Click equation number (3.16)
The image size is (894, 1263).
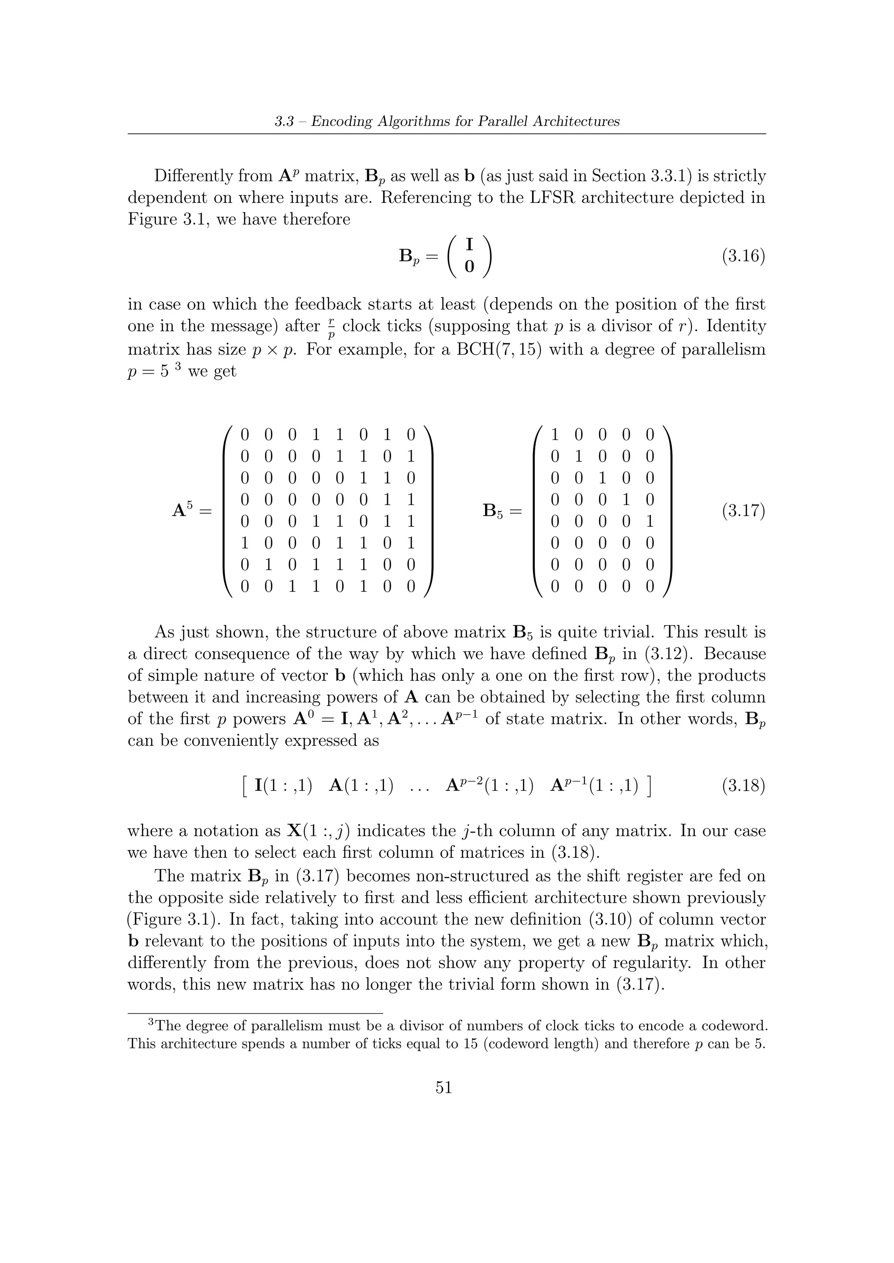pyautogui.click(x=743, y=257)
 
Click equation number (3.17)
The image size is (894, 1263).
pyautogui.click(x=743, y=511)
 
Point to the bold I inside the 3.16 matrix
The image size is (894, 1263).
pyautogui.click(x=469, y=244)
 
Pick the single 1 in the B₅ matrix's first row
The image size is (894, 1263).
pyautogui.click(x=555, y=435)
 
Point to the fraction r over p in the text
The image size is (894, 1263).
pyautogui.click(x=330, y=327)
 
